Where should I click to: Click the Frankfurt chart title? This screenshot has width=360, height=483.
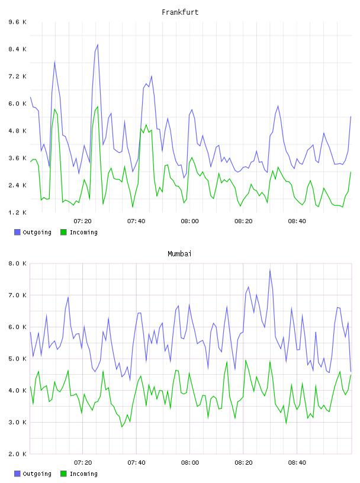(180, 12)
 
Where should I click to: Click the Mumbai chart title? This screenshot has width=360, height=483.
(179, 254)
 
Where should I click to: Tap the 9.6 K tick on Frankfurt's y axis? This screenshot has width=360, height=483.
(18, 22)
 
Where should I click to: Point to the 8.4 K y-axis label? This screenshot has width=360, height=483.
(18, 49)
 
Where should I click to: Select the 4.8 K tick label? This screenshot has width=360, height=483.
(18, 131)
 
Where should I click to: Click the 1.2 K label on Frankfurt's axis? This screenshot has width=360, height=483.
(18, 212)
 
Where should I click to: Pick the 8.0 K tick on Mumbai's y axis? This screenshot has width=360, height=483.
(18, 263)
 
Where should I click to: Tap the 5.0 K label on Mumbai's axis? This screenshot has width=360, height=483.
(18, 359)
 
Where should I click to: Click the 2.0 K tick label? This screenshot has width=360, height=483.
(18, 454)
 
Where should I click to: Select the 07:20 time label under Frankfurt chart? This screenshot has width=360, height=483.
(83, 221)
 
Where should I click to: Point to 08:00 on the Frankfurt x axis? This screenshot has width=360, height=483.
(190, 221)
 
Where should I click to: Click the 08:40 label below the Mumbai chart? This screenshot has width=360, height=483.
(297, 463)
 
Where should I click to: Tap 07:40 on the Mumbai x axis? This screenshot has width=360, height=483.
(136, 463)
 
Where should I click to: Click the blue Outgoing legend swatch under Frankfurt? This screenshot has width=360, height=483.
(17, 232)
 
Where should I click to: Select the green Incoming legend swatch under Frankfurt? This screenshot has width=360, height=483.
(63, 232)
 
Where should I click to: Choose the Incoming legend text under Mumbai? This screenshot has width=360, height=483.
(83, 474)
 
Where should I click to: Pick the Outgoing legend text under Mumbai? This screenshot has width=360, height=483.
(37, 474)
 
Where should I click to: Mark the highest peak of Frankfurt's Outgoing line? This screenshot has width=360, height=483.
(98, 44)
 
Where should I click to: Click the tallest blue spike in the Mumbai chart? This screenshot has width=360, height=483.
(270, 270)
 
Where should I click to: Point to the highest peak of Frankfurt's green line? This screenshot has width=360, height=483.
(98, 107)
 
